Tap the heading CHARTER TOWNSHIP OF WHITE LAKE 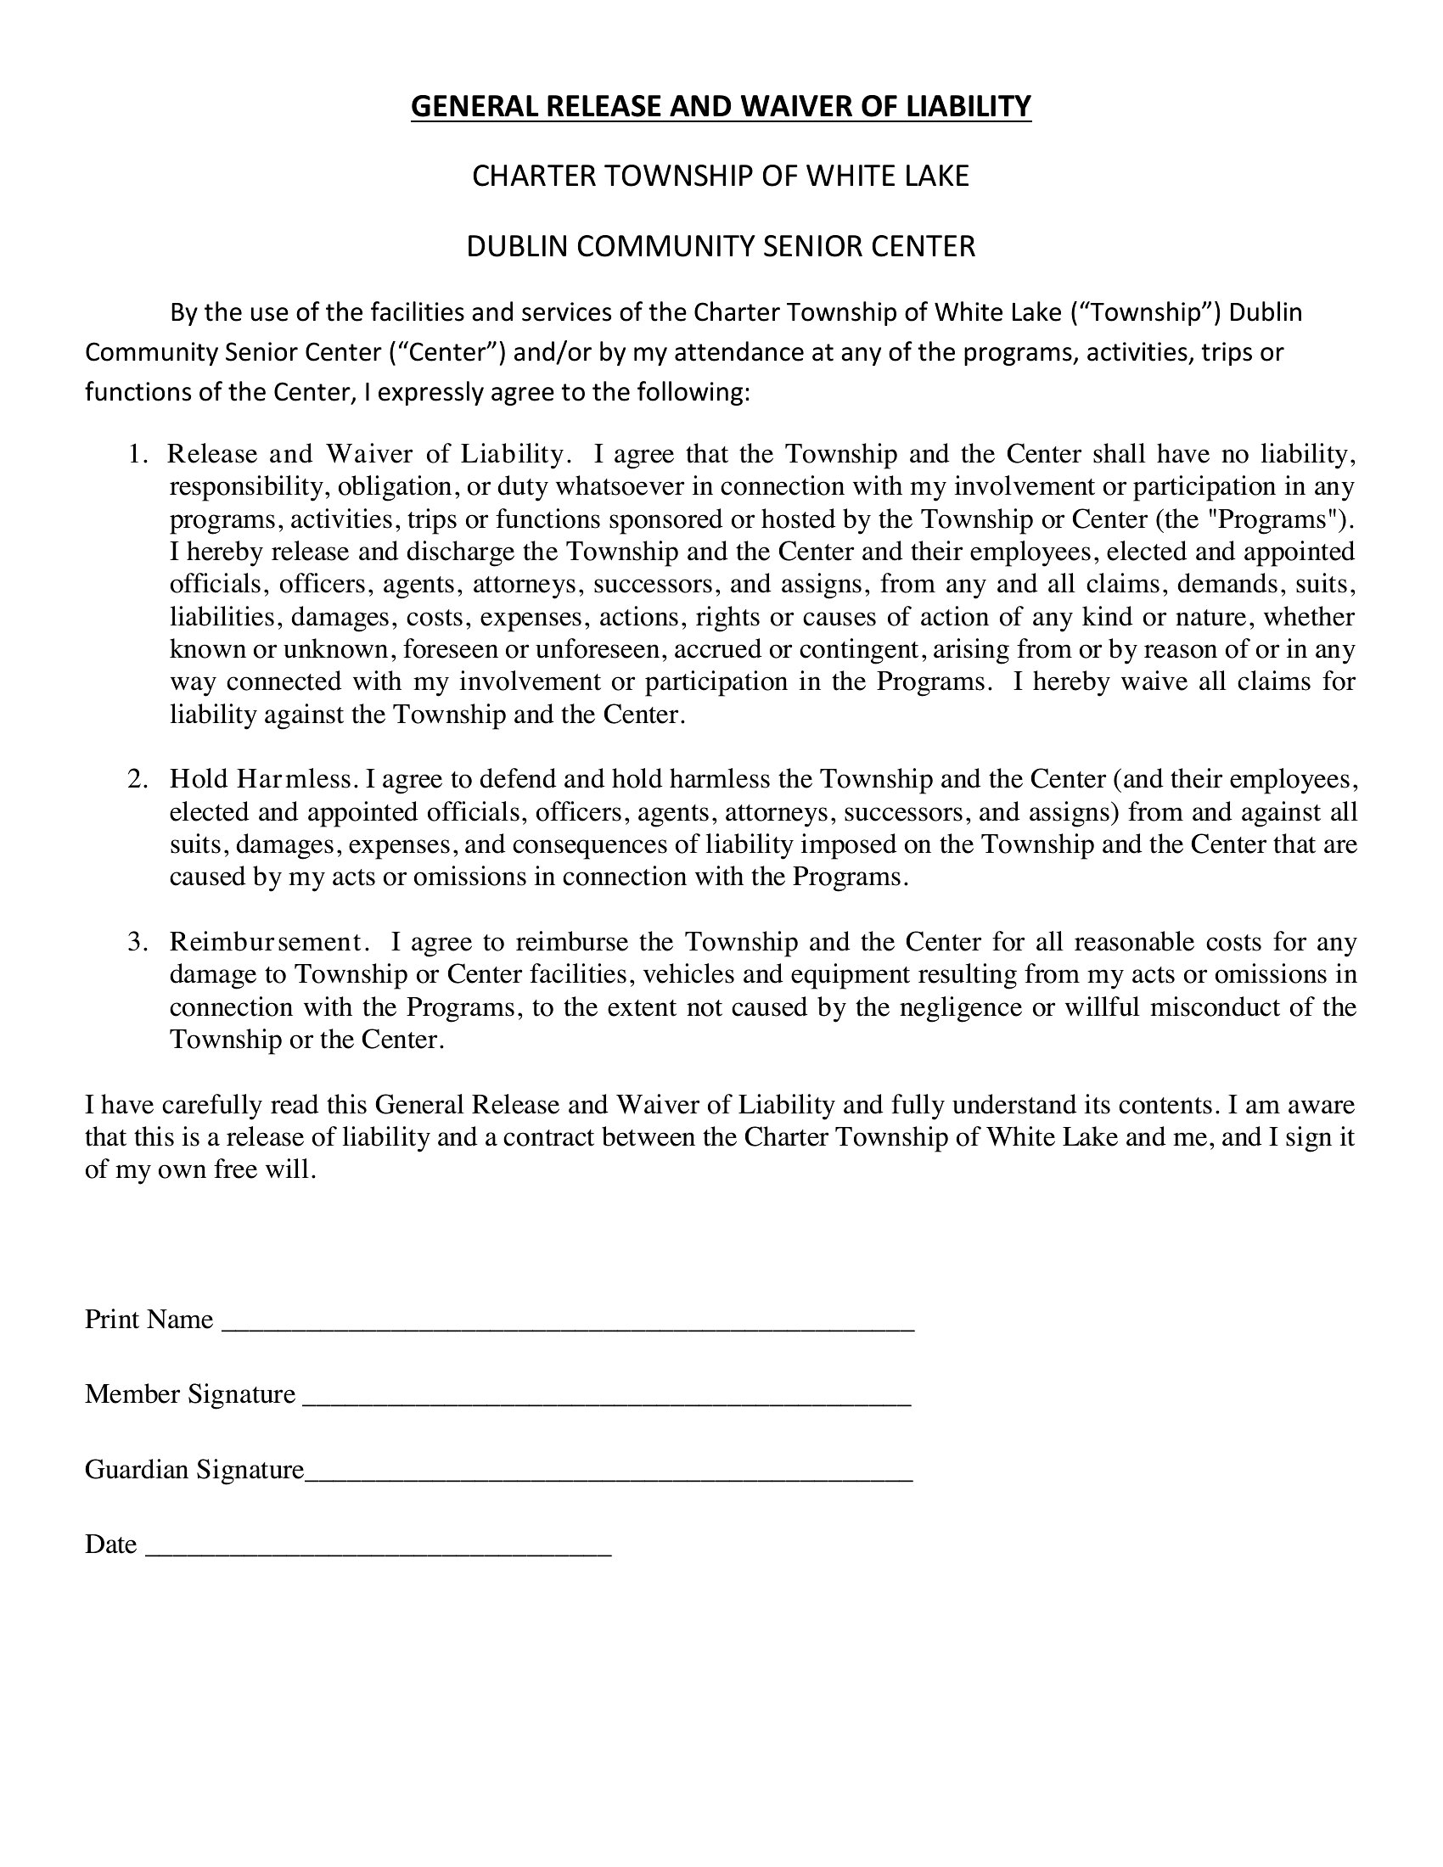click(721, 177)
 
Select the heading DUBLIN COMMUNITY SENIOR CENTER click(721, 246)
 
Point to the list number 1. click(138, 454)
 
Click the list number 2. click(138, 779)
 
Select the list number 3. click(138, 942)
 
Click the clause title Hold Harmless click(261, 779)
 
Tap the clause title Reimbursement click(268, 942)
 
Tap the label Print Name click(149, 1320)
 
